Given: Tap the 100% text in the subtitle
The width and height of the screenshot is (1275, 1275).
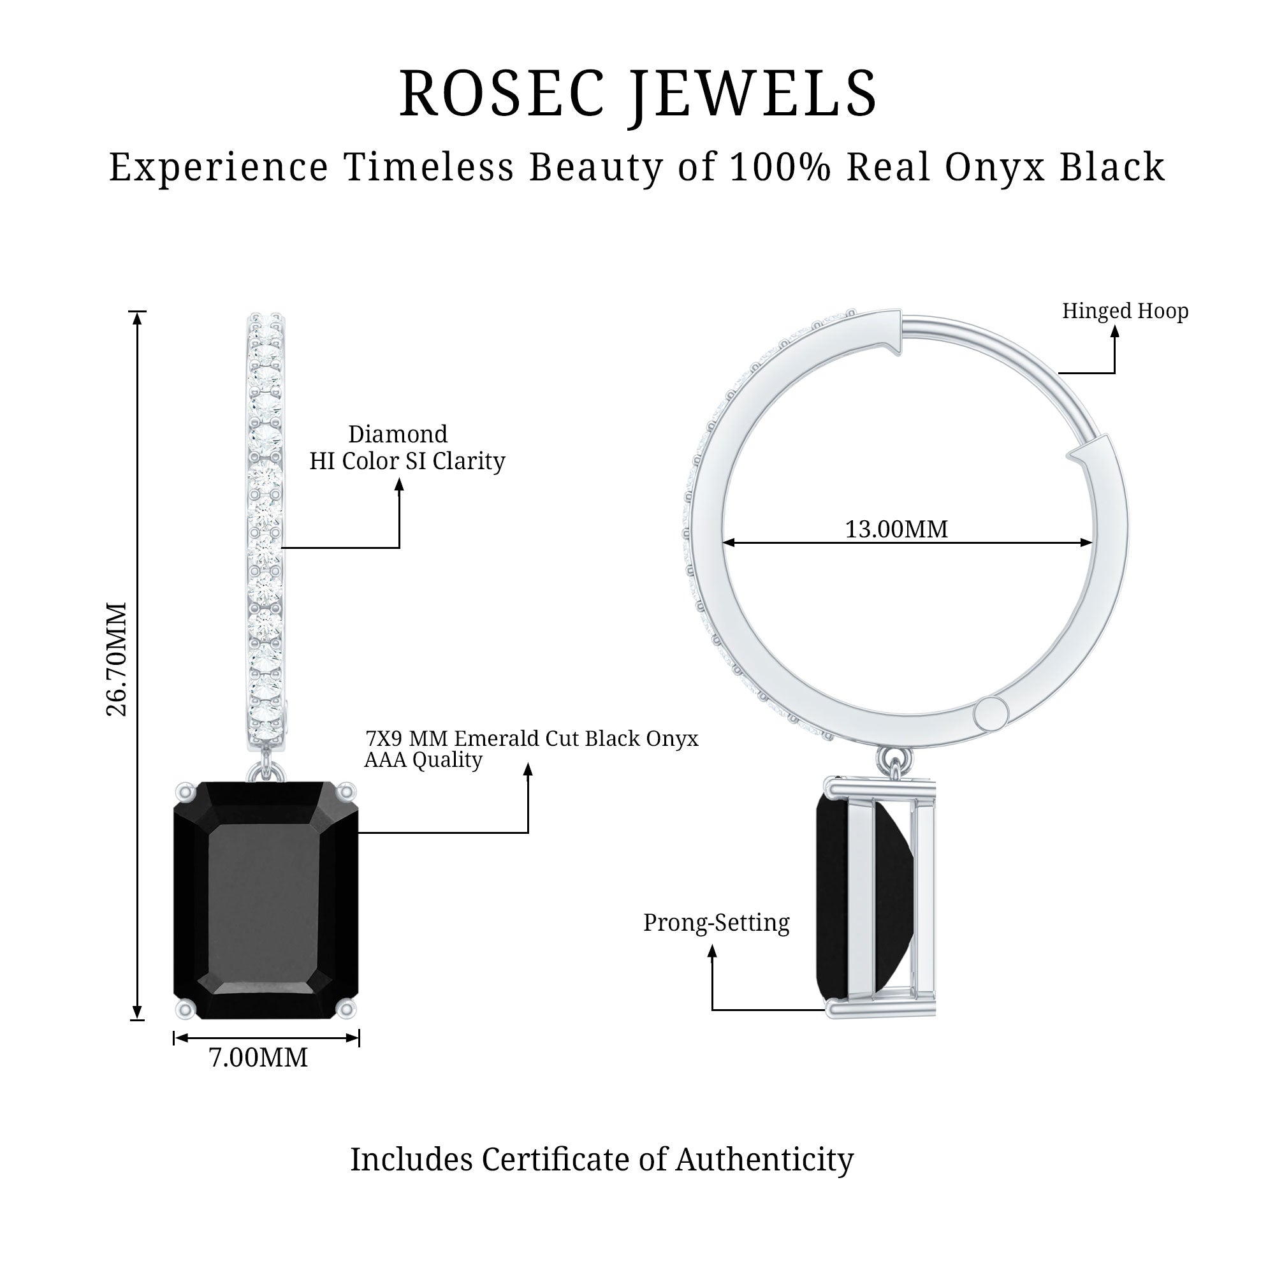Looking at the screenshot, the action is (780, 166).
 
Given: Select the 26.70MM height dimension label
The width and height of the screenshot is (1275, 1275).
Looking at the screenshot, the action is (116, 659).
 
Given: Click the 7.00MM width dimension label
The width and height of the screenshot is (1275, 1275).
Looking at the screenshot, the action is (258, 1057).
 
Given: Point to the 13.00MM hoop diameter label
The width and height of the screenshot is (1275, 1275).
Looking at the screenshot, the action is (896, 528).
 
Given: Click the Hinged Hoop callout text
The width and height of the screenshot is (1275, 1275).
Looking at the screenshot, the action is (1125, 311).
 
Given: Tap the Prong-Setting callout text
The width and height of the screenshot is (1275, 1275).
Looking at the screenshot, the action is (716, 922).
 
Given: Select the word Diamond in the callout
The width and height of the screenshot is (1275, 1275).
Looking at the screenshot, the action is (398, 434).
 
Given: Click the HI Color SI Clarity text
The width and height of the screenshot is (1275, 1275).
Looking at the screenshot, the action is (407, 461).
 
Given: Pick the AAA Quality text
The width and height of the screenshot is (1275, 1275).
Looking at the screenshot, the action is (423, 760).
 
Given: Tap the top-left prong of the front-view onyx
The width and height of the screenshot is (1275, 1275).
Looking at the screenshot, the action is (185, 790).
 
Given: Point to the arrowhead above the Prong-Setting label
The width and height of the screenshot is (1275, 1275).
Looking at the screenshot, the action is (712, 951).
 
